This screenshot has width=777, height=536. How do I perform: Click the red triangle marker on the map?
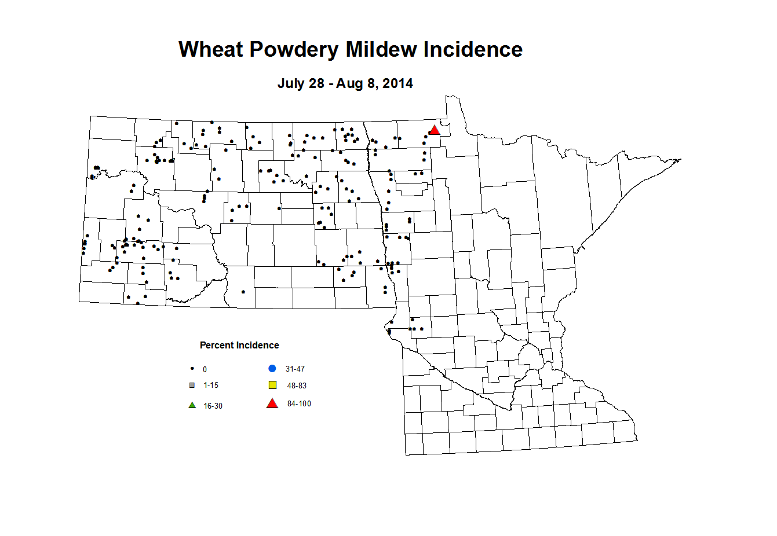tap(434, 130)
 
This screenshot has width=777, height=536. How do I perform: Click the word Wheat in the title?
tap(211, 49)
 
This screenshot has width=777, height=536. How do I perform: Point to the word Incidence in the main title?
tap(473, 49)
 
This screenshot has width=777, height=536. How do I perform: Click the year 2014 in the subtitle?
tap(397, 83)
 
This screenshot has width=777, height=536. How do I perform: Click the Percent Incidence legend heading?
tap(239, 345)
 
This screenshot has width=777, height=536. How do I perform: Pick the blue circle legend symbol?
tap(272, 368)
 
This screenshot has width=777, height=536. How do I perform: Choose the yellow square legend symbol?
tap(272, 385)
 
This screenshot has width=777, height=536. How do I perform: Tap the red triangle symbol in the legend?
tap(272, 403)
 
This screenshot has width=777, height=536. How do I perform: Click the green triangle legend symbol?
tap(192, 405)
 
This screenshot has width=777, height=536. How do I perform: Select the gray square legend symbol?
tap(192, 385)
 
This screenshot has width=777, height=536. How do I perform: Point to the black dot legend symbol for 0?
tap(192, 369)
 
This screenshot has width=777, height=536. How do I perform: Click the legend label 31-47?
tap(295, 369)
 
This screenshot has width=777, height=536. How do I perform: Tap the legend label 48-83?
tap(297, 386)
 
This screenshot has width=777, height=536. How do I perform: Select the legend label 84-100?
tap(299, 403)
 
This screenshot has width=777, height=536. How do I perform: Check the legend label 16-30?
tap(213, 406)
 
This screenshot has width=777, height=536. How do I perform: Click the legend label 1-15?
tap(211, 385)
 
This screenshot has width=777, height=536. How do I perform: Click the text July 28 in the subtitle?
tap(301, 83)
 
